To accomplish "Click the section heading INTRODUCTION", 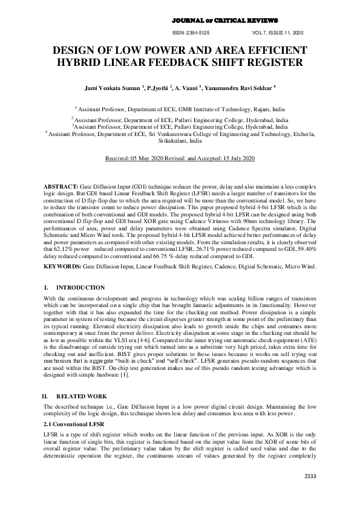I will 80,288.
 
